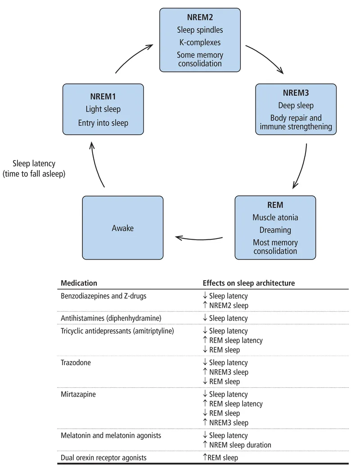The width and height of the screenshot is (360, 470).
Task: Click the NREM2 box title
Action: (x=200, y=18)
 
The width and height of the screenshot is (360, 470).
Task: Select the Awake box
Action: (x=123, y=228)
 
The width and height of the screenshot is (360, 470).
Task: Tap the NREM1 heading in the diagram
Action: (x=103, y=96)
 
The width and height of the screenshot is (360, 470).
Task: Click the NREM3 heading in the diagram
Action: (x=296, y=93)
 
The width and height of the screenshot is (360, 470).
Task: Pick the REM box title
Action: (x=275, y=205)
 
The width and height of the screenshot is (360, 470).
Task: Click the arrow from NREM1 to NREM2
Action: (x=133, y=56)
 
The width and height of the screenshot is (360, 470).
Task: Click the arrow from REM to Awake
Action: (x=198, y=237)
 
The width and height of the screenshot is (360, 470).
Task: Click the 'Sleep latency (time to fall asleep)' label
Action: (x=34, y=169)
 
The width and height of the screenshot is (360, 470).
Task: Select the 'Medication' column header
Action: (x=79, y=283)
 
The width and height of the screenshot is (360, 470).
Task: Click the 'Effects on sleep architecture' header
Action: (x=248, y=283)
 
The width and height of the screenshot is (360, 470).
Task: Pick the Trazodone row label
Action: (x=76, y=363)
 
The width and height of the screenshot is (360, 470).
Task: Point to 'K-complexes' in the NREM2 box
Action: (x=200, y=43)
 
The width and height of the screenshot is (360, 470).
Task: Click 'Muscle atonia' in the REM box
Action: (x=275, y=217)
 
